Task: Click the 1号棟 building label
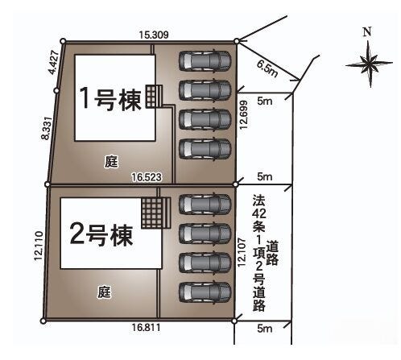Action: pyautogui.click(x=110, y=99)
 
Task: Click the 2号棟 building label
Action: pyautogui.click(x=101, y=235)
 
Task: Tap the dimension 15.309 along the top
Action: pyautogui.click(x=154, y=35)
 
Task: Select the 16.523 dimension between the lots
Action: pyautogui.click(x=147, y=177)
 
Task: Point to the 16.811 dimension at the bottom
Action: pyautogui.click(x=146, y=327)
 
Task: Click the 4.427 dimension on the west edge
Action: pyautogui.click(x=53, y=62)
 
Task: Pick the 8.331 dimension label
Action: pyautogui.click(x=46, y=128)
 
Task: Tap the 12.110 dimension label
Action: pyautogui.click(x=39, y=246)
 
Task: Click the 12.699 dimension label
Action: pyautogui.click(x=244, y=115)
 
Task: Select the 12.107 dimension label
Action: pyautogui.click(x=242, y=252)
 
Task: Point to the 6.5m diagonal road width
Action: pyautogui.click(x=267, y=68)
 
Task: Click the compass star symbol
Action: pyautogui.click(x=370, y=64)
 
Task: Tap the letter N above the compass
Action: pyautogui.click(x=367, y=32)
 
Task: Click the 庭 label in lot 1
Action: pyautogui.click(x=111, y=161)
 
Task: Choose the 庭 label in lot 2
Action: pyautogui.click(x=104, y=292)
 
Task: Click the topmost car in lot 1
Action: pyautogui.click(x=205, y=60)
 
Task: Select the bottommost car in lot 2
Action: pyautogui.click(x=205, y=292)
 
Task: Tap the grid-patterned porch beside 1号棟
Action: pyautogui.click(x=154, y=97)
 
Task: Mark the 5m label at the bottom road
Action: pyautogui.click(x=265, y=329)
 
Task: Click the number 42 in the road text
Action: pyautogui.click(x=259, y=213)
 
